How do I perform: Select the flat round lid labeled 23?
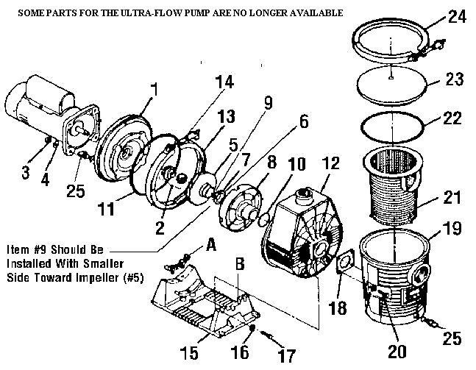(x=390, y=81)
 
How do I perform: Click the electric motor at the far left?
(x=37, y=110)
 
